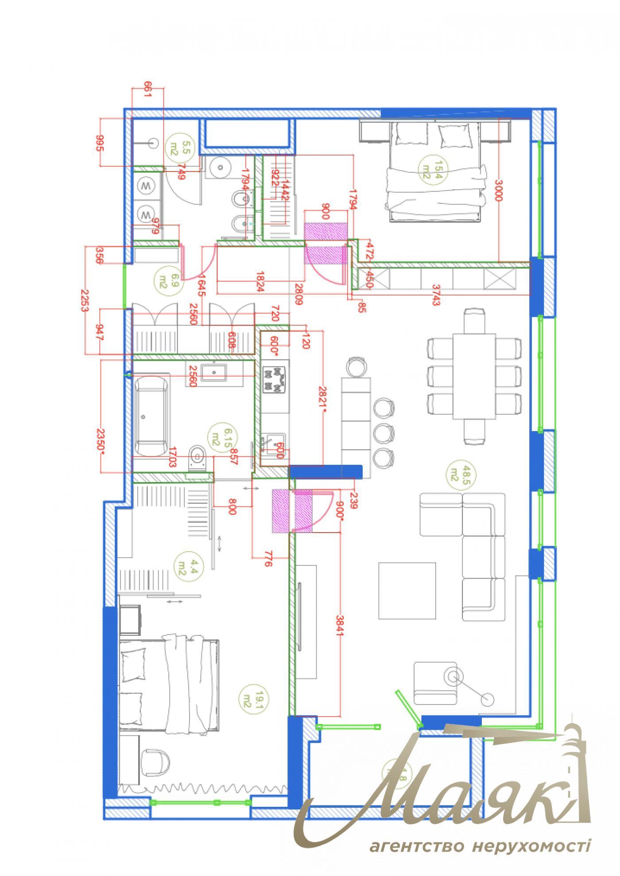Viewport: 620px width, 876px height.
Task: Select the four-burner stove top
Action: pyautogui.click(x=274, y=380)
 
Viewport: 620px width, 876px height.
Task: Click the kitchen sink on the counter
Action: pyautogui.click(x=272, y=445)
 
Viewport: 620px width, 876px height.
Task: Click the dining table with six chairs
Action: pyautogui.click(x=473, y=376)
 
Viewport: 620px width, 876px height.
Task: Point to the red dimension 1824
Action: pyautogui.click(x=260, y=281)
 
